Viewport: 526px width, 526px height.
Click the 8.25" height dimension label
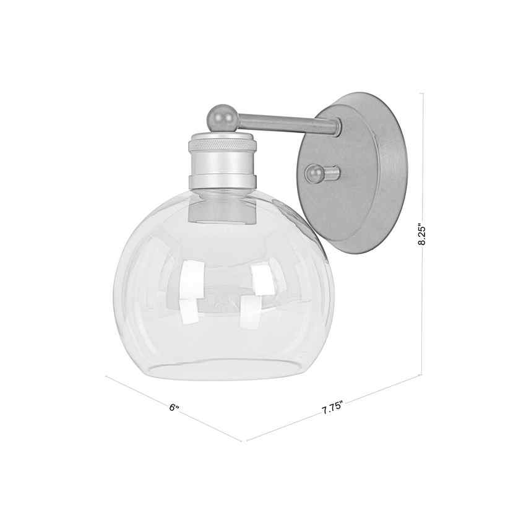[x=423, y=235]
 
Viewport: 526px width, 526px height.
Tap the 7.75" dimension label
[x=332, y=410]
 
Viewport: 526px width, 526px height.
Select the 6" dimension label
[x=175, y=408]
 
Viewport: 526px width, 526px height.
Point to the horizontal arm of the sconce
[x=285, y=124]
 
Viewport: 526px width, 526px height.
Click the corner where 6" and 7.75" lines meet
[x=243, y=441]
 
